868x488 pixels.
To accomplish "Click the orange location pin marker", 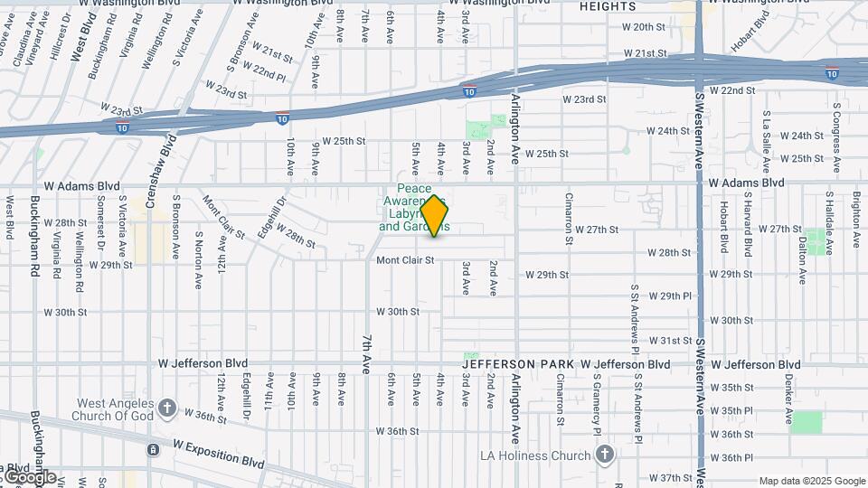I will tap(435, 216).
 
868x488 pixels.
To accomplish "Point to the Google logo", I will tap(29, 476).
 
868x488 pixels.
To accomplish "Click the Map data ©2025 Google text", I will tap(811, 481).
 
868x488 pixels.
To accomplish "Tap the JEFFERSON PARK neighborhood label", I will tap(516, 364).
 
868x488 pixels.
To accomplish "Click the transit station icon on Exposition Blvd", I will tap(154, 449).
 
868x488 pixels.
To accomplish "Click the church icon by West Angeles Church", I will tap(167, 408).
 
